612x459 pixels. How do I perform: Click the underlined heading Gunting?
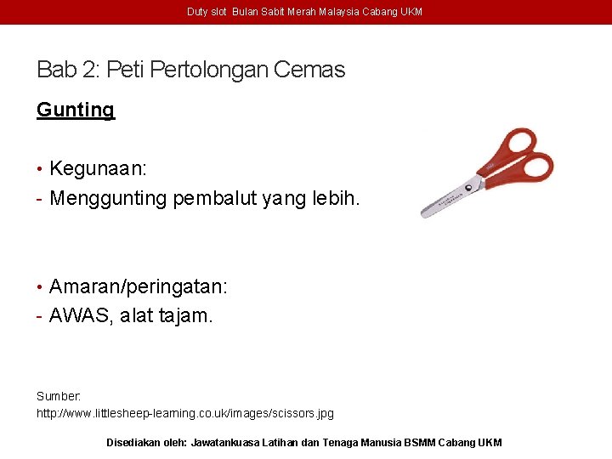tap(75, 110)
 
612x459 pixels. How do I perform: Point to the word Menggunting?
tap(109, 199)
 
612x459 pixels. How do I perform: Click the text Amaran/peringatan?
tap(138, 286)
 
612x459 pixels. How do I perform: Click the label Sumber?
tap(58, 396)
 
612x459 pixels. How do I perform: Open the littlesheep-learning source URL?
tap(184, 413)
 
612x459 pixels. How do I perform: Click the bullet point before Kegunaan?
tap(40, 168)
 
